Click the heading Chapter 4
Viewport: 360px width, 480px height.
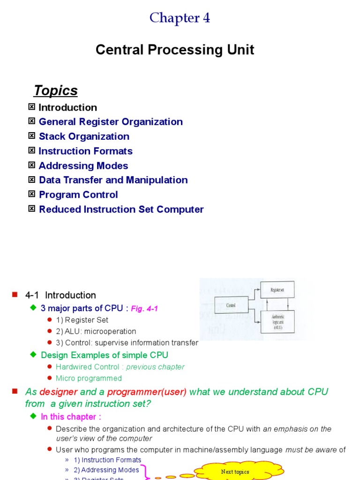click(180, 18)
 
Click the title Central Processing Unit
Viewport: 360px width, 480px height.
click(175, 50)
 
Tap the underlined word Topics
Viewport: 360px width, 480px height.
click(55, 90)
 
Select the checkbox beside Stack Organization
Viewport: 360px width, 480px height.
click(32, 136)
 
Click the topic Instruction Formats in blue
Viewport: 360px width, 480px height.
click(85, 151)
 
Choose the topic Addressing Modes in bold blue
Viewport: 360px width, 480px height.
click(83, 165)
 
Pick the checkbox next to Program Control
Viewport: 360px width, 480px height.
click(32, 194)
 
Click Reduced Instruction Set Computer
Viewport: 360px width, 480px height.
click(121, 209)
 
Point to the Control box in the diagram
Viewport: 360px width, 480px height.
click(231, 305)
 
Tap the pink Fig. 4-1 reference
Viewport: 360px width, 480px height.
click(144, 308)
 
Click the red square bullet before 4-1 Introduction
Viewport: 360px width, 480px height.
click(15, 294)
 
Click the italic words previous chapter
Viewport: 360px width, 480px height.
click(155, 367)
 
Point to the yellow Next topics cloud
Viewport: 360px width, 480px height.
click(236, 472)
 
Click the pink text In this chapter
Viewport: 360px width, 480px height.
click(71, 417)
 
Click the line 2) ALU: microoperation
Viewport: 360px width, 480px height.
click(96, 331)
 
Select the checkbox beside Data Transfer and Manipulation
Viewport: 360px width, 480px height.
click(32, 180)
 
